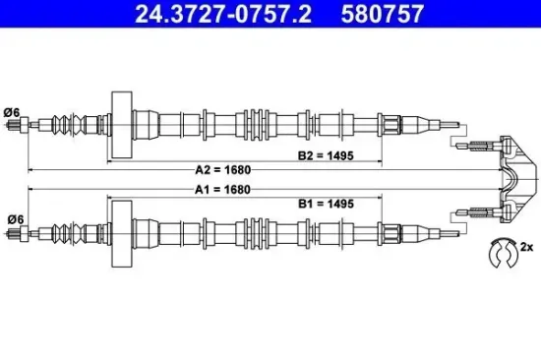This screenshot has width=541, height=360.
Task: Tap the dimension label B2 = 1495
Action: tap(325, 155)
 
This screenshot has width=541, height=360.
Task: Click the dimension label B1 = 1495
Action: tap(325, 203)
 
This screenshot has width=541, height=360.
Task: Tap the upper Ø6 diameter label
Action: tap(14, 110)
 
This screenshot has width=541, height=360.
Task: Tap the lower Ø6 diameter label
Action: tap(14, 218)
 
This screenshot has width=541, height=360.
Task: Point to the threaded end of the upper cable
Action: tap(17, 124)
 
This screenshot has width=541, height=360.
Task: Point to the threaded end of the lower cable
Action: tap(17, 233)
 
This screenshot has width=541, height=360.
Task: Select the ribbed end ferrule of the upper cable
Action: tap(390, 124)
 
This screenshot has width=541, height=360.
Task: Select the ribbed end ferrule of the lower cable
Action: tap(390, 233)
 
